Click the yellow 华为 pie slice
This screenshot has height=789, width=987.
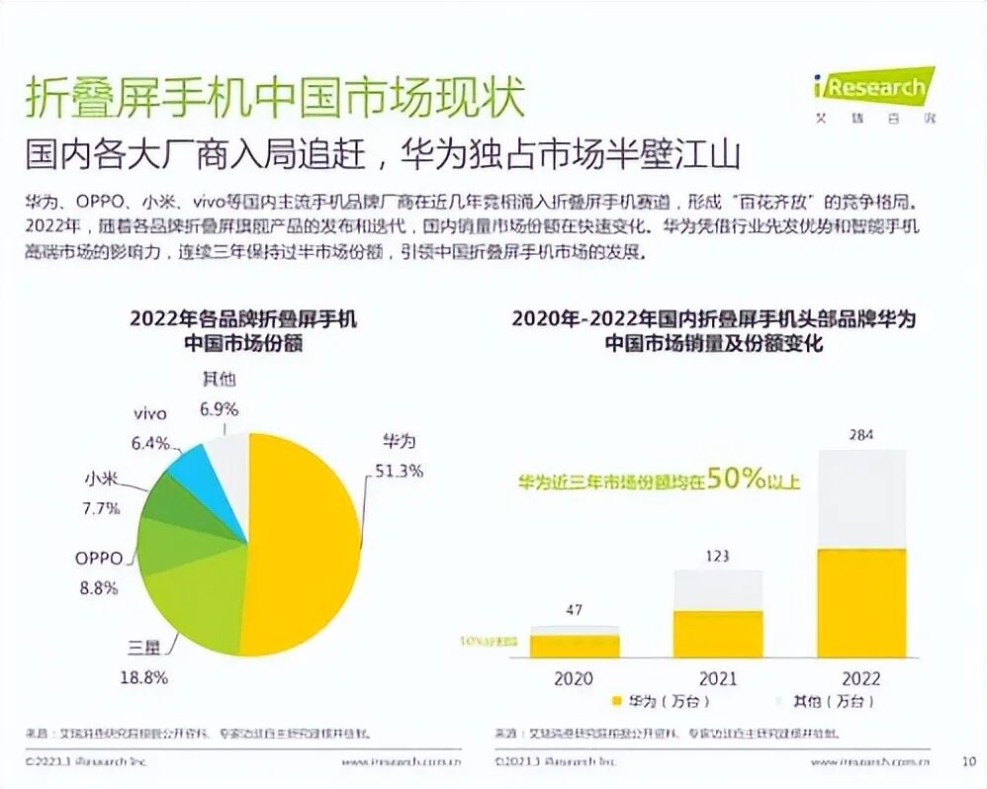(307, 544)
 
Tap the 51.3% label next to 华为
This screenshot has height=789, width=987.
(397, 471)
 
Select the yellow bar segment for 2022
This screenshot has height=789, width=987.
(861, 603)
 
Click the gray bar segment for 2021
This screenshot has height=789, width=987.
(718, 589)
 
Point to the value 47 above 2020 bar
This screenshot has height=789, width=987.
(574, 610)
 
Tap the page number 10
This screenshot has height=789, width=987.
(968, 761)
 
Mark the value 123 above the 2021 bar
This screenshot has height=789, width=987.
(718, 556)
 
